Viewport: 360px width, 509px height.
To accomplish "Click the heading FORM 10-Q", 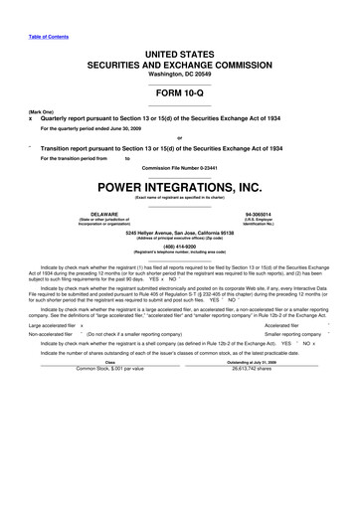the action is (x=179, y=89).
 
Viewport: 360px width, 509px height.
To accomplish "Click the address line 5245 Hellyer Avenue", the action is (x=179, y=232).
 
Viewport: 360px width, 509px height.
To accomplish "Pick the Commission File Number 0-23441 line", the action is (x=179, y=167).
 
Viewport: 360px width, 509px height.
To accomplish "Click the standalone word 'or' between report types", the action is (x=179, y=137).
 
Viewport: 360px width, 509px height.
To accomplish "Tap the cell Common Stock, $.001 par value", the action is (x=110, y=369).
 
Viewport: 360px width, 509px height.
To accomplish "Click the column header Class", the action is (x=109, y=362).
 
